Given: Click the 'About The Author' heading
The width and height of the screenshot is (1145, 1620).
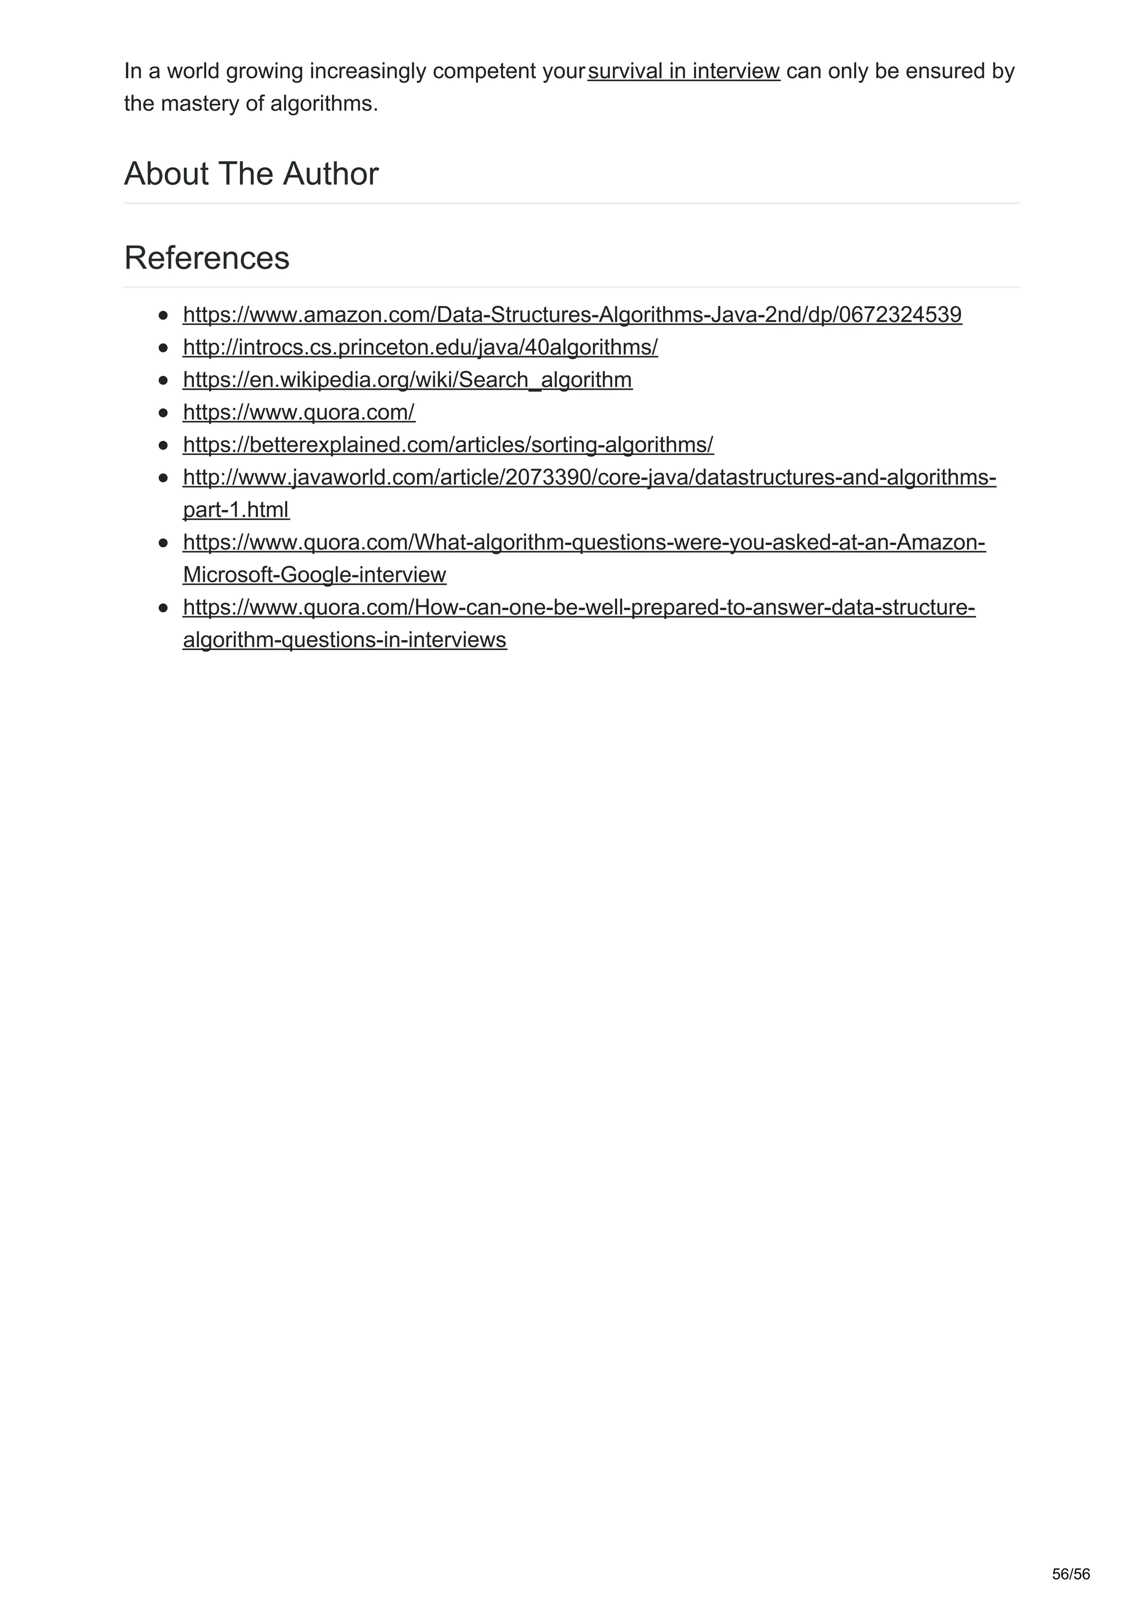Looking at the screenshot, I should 251,173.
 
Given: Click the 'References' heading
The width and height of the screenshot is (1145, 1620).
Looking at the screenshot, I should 207,258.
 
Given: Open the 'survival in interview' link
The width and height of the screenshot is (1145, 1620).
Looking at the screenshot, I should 684,71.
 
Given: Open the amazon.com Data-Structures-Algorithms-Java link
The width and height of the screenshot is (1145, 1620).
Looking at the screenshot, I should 572,315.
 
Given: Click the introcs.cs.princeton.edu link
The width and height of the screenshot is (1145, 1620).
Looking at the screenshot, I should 420,347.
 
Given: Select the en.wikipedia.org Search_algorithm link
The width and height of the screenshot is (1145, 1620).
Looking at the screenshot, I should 407,380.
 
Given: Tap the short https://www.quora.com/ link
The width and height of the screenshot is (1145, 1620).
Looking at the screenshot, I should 299,412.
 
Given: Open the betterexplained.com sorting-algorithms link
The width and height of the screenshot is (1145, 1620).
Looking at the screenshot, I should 448,444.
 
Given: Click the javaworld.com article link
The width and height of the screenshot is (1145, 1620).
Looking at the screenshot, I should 589,478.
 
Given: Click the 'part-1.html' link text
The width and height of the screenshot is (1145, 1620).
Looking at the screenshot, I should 235,509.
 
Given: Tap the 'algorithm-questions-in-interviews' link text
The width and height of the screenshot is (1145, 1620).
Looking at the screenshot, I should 344,640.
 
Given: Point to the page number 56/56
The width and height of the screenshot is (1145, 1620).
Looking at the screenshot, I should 1070,1574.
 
